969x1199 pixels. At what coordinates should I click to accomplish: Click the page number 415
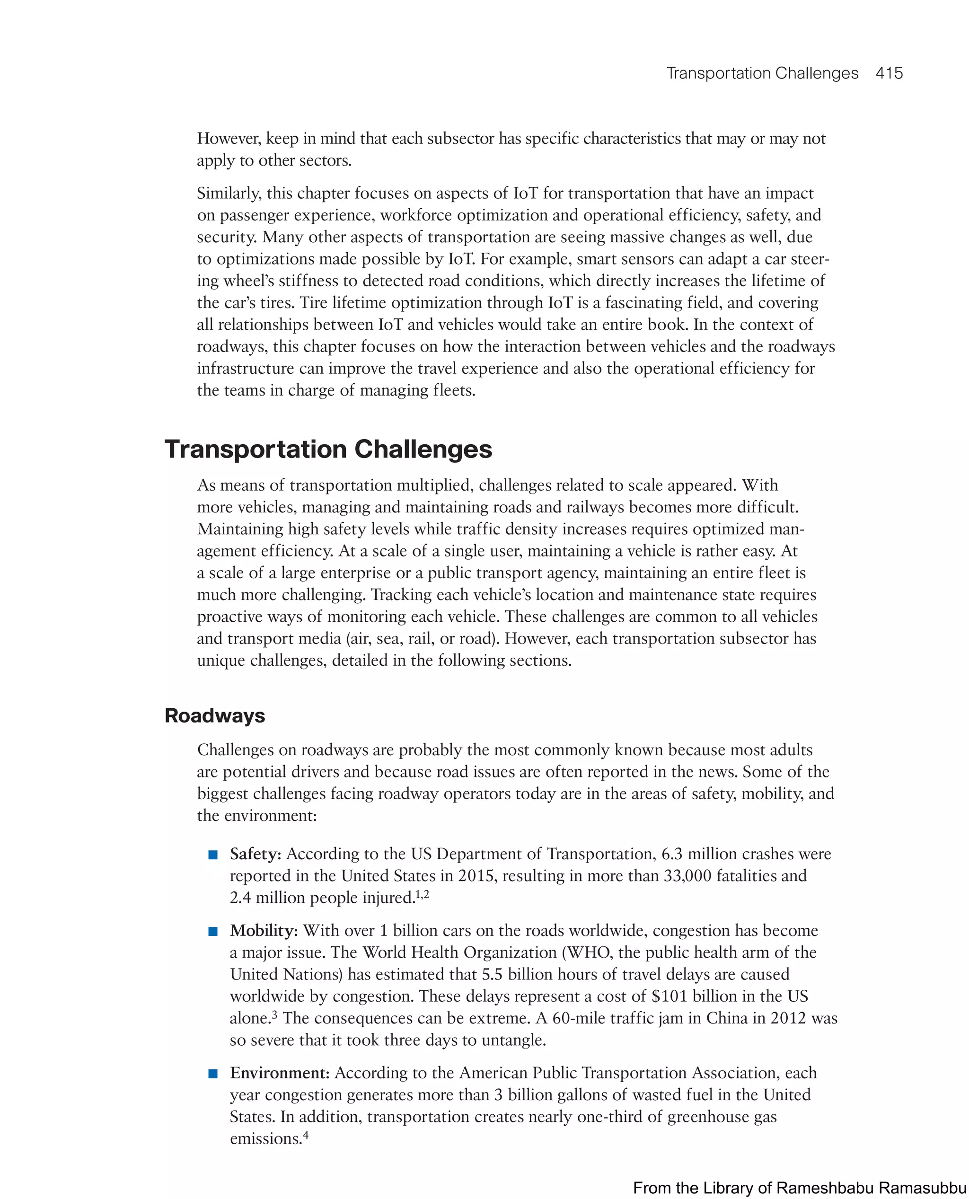(x=889, y=73)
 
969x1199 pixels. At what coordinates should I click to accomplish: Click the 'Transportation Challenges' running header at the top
(x=762, y=73)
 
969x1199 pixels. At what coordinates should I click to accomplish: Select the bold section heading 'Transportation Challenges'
(x=328, y=450)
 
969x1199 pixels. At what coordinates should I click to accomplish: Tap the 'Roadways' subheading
(x=215, y=715)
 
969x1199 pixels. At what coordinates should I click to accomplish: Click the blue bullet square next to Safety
(x=212, y=855)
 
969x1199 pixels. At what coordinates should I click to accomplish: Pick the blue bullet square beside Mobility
(x=212, y=931)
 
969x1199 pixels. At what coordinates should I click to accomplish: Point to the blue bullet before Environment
(x=212, y=1074)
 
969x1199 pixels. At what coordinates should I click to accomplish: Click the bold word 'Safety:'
(x=255, y=854)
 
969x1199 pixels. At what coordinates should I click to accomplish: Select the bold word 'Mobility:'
(x=264, y=931)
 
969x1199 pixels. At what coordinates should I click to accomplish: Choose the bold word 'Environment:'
(x=280, y=1073)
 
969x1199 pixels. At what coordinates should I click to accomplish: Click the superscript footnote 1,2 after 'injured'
(x=423, y=895)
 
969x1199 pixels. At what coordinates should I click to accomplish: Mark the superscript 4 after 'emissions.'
(x=305, y=1134)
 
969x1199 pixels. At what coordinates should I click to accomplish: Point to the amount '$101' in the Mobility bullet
(x=669, y=996)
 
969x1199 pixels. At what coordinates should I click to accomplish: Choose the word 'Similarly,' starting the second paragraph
(x=229, y=194)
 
